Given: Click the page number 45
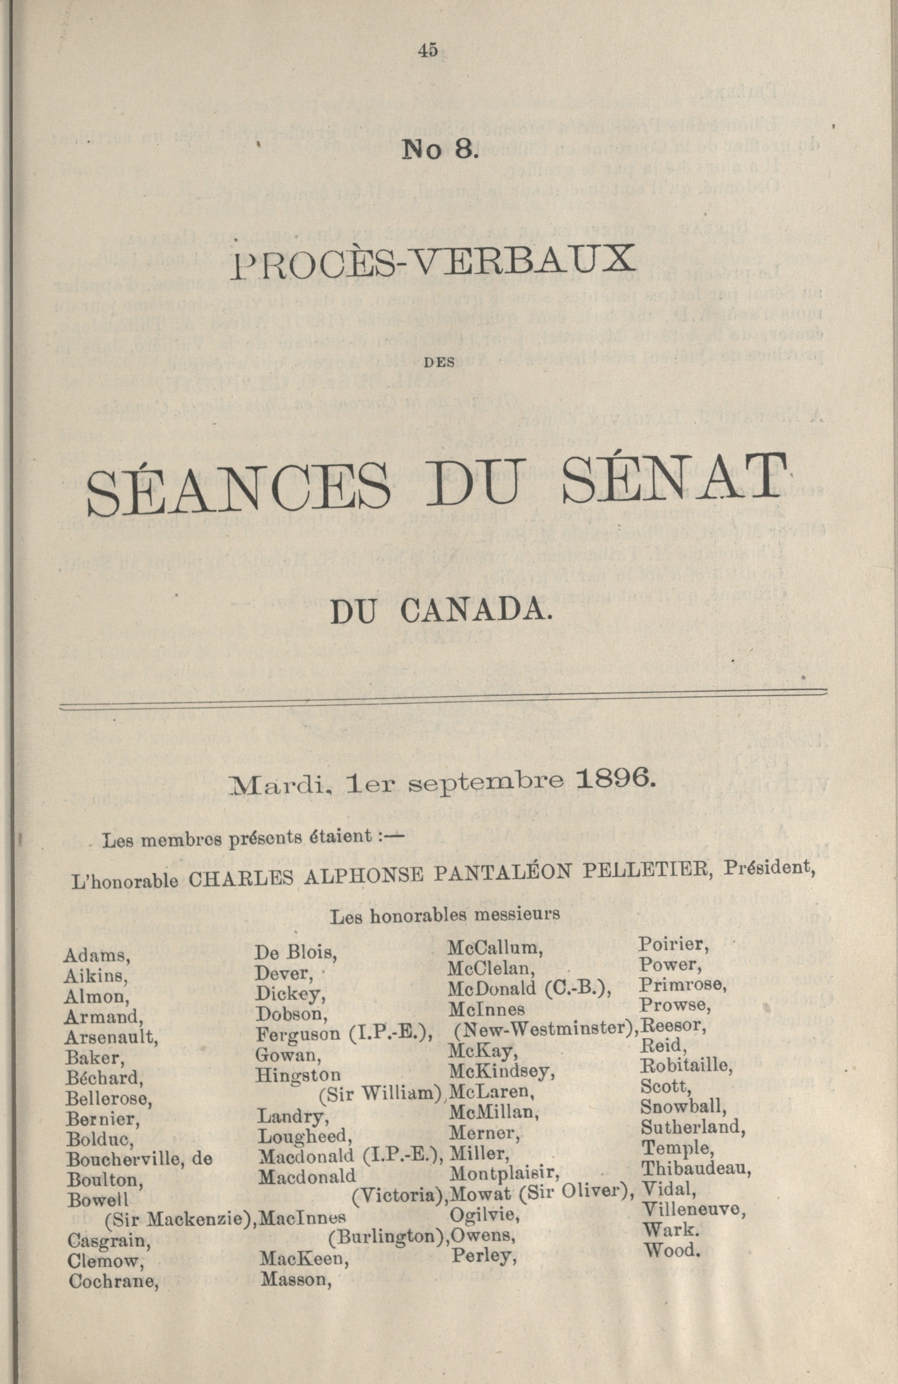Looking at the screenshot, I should pos(427,51).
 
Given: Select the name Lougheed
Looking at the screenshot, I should pos(297,1119).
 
